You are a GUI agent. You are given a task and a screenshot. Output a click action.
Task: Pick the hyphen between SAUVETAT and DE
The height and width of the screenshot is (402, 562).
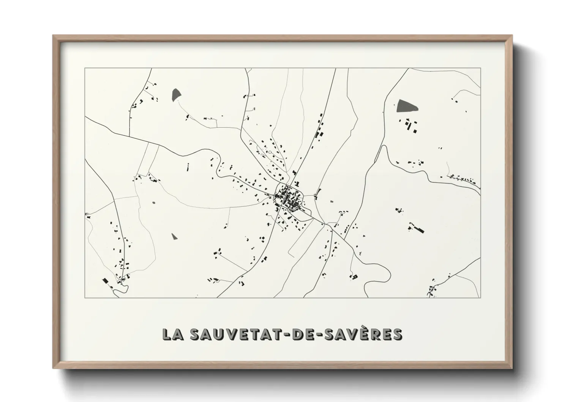[289, 335]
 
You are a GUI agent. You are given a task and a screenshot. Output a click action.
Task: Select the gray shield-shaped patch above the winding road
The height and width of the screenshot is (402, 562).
[176, 95]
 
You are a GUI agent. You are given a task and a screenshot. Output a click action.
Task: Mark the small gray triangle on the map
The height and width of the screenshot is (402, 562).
[174, 236]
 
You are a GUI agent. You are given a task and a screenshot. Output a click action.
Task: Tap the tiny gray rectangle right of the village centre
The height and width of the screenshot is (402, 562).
[332, 201]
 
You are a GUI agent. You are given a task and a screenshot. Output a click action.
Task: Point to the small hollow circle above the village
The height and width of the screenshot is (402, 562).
[270, 152]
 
